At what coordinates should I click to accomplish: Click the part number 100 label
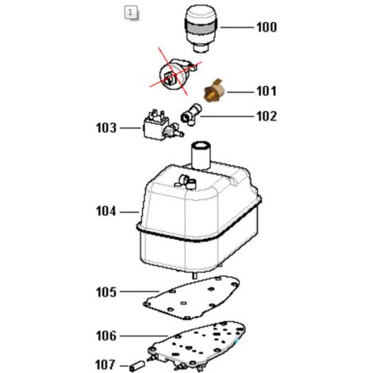click(x=267, y=27)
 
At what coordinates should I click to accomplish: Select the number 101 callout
click(x=267, y=91)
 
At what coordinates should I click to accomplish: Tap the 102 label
click(x=267, y=116)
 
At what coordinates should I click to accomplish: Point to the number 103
click(x=106, y=128)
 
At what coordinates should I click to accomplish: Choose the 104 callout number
click(x=106, y=212)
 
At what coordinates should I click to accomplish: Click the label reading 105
click(x=106, y=292)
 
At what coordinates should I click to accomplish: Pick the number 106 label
click(x=106, y=336)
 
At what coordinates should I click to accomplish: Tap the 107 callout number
click(x=106, y=365)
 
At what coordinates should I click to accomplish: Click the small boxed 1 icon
click(x=130, y=13)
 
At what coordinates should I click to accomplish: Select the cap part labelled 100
click(x=201, y=29)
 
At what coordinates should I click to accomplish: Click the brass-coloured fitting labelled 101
click(x=213, y=91)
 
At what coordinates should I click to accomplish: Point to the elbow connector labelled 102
click(x=191, y=114)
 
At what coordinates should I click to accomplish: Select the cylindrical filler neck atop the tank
click(x=201, y=155)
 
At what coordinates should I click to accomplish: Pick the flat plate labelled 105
click(x=192, y=297)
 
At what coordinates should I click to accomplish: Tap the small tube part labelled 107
click(x=137, y=366)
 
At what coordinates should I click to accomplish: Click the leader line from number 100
click(x=236, y=27)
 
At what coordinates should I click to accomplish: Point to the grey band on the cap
click(x=201, y=27)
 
